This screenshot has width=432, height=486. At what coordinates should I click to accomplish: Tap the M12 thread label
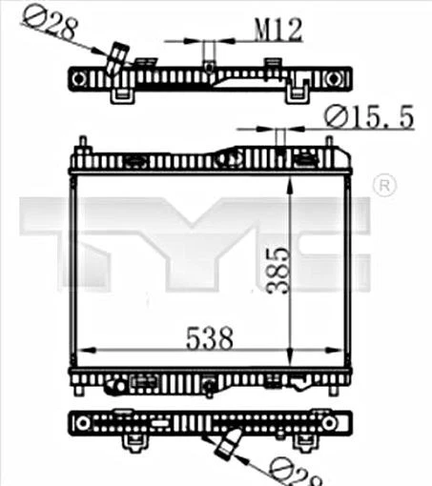click(x=278, y=30)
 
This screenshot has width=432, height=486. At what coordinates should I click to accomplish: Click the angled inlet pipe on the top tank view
click(x=116, y=59)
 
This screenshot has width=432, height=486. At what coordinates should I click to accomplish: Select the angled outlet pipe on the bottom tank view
click(x=231, y=443)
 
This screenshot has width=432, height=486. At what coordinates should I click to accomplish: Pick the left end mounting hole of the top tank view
click(x=79, y=77)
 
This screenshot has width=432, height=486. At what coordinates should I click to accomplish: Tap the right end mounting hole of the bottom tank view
click(x=329, y=421)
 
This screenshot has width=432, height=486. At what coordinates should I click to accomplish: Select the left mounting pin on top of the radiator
click(x=83, y=146)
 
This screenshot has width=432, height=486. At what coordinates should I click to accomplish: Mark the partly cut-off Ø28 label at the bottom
click(x=291, y=471)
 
